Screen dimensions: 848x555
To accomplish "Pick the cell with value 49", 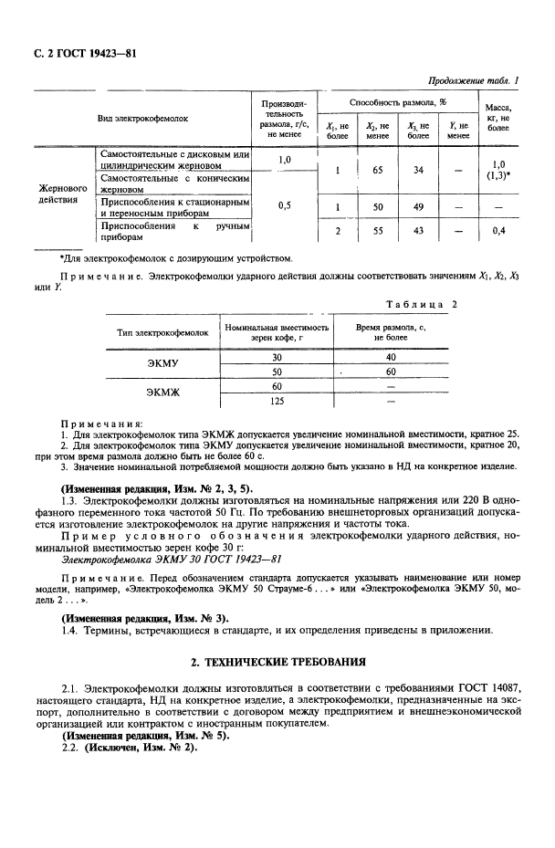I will point(418,206).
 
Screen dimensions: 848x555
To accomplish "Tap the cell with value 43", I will point(418,232).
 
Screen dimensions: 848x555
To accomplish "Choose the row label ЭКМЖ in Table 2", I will point(163,393).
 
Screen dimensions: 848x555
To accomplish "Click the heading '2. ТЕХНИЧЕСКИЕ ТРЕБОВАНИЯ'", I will point(277,661).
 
